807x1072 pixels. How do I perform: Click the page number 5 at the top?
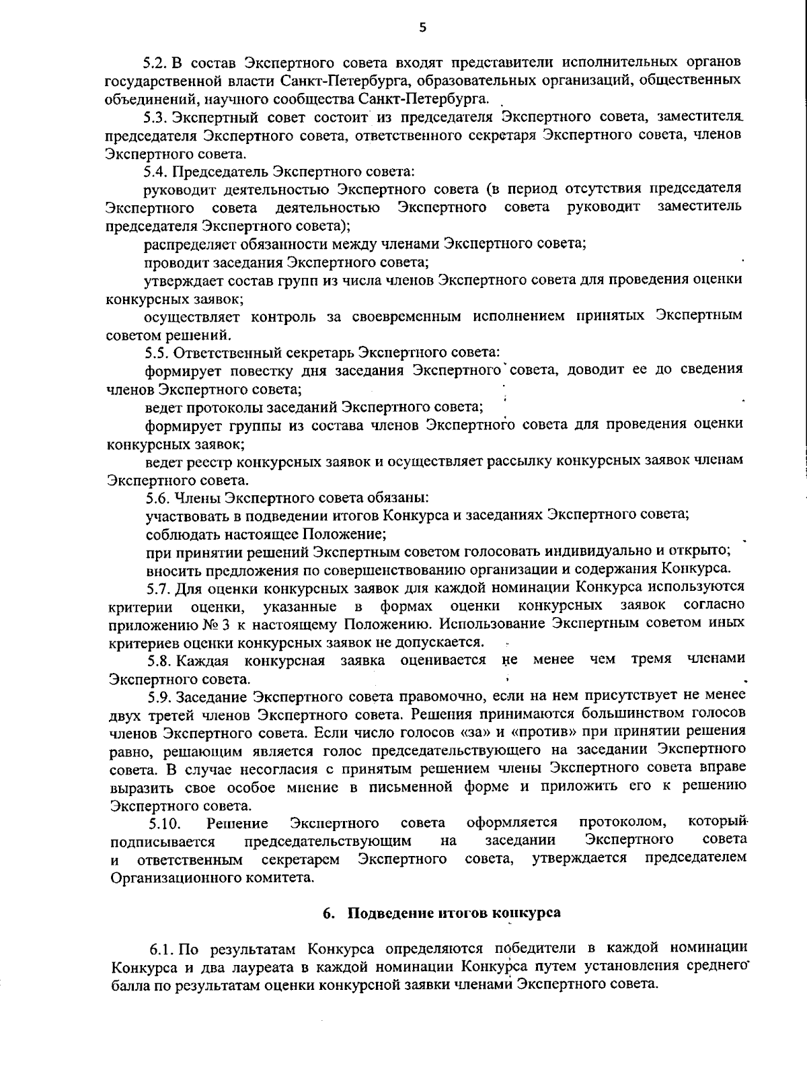click(422, 28)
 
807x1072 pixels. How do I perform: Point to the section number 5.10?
click(164, 822)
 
